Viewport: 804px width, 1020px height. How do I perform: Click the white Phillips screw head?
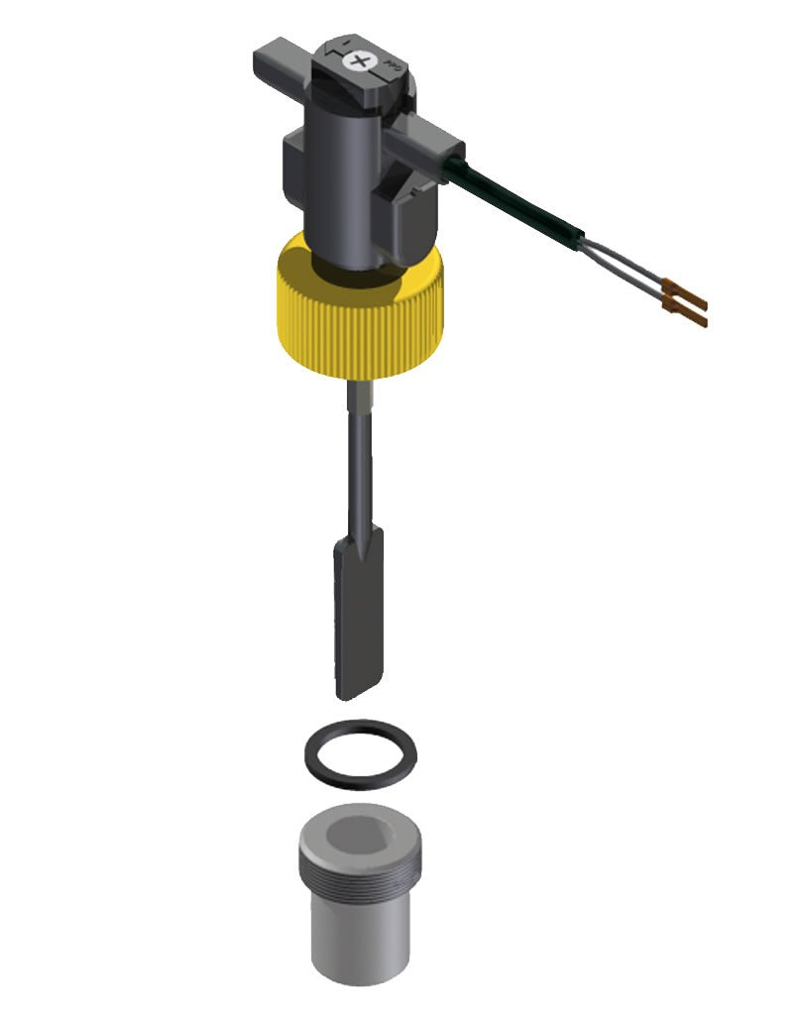[358, 61]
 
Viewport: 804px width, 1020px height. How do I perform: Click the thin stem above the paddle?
[359, 466]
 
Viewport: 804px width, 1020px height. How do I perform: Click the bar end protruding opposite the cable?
[274, 59]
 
